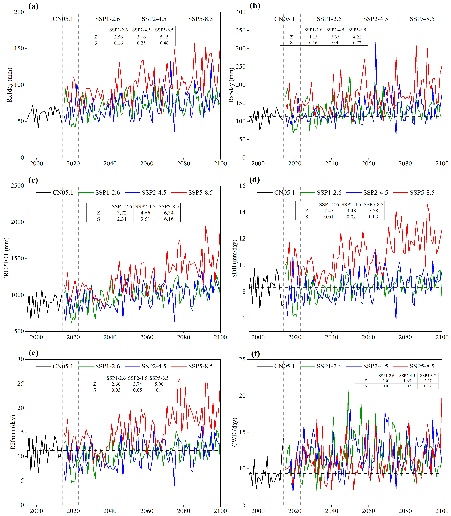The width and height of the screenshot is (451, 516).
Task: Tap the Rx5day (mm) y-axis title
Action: [231, 85]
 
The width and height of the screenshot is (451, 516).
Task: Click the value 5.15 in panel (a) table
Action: [164, 37]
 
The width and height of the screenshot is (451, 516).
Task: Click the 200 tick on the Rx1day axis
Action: [19, 12]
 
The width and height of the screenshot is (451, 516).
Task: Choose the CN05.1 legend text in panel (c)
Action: [63, 192]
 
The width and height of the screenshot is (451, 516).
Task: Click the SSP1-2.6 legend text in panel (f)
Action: [329, 366]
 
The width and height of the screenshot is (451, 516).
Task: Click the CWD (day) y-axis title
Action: [234, 432]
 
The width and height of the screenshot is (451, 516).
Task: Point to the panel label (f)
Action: [255, 354]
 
